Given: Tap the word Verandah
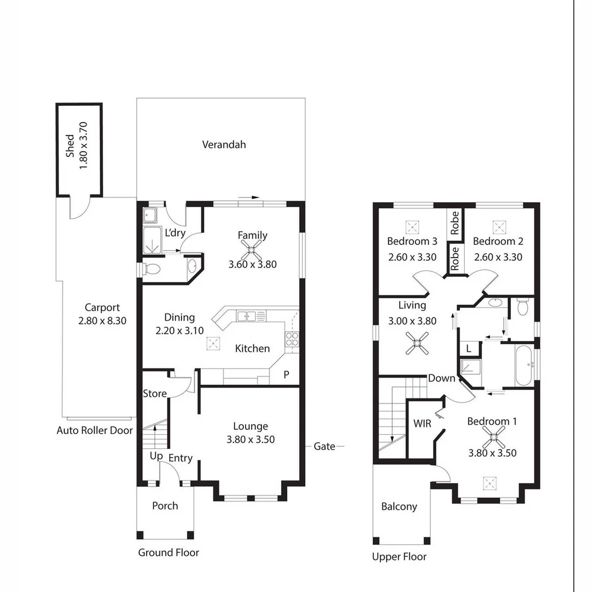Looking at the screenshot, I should coord(224,145).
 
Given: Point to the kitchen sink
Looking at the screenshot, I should coord(247,315).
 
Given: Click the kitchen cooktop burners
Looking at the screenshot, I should coord(292,339).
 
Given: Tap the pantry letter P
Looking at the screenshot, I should coord(286,375).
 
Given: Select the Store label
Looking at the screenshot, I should coord(155,394).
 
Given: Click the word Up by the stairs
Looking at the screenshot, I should coord(156,456).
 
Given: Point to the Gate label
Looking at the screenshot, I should coord(324,446).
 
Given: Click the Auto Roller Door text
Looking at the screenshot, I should coord(94,430).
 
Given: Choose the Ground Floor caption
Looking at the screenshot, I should coord(168,553).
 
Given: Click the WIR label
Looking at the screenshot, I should coord(422,424).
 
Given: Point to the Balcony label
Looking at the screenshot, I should coord(399,506).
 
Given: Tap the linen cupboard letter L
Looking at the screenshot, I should coord(469,348).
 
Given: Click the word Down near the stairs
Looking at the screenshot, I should coord(441,378).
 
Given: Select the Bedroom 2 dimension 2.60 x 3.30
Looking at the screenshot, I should coord(497,257).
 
